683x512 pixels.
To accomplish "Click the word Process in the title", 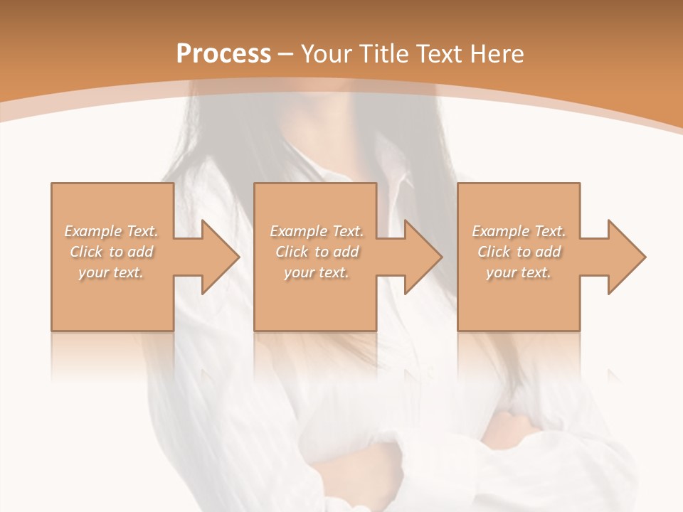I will [x=223, y=54].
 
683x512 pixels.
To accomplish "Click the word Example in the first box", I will [x=92, y=231].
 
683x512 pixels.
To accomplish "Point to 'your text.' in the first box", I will [x=111, y=272].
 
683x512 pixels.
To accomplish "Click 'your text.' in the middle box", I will [x=316, y=272].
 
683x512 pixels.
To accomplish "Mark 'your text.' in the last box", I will [x=518, y=272].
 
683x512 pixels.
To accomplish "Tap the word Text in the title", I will [x=441, y=54].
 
